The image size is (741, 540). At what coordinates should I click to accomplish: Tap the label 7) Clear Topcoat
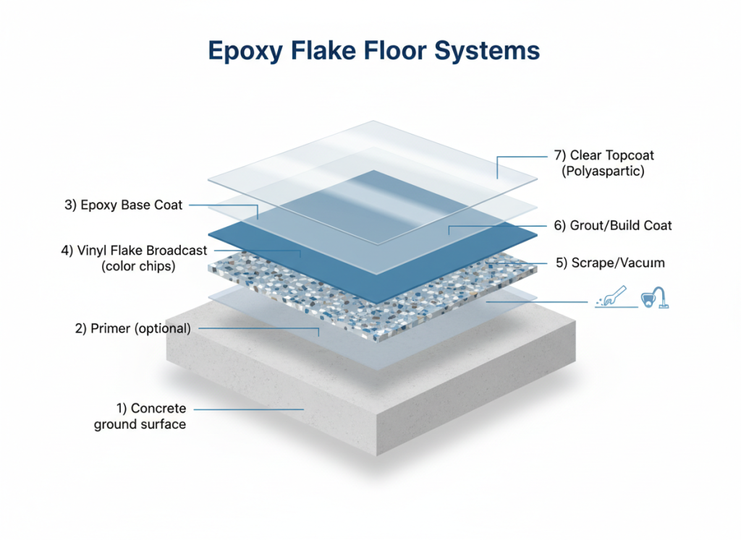pyautogui.click(x=604, y=155)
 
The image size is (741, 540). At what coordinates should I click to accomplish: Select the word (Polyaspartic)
pyautogui.click(x=603, y=171)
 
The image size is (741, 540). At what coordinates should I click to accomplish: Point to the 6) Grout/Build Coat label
pyautogui.click(x=613, y=225)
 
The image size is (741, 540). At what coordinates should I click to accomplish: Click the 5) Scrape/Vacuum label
pyautogui.click(x=610, y=262)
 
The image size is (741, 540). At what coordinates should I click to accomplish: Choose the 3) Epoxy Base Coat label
pyautogui.click(x=123, y=205)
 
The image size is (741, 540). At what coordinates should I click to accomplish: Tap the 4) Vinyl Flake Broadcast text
pyautogui.click(x=134, y=250)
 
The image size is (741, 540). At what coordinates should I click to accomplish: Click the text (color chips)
pyautogui.click(x=138, y=266)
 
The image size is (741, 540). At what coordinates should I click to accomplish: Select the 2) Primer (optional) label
pyautogui.click(x=133, y=328)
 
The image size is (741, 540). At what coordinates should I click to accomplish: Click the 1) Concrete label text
pyautogui.click(x=151, y=408)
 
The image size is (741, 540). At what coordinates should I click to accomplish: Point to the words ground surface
pyautogui.click(x=140, y=424)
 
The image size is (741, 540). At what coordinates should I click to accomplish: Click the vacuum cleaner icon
pyautogui.click(x=655, y=298)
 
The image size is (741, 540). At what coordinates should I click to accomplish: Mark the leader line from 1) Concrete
pyautogui.click(x=249, y=409)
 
